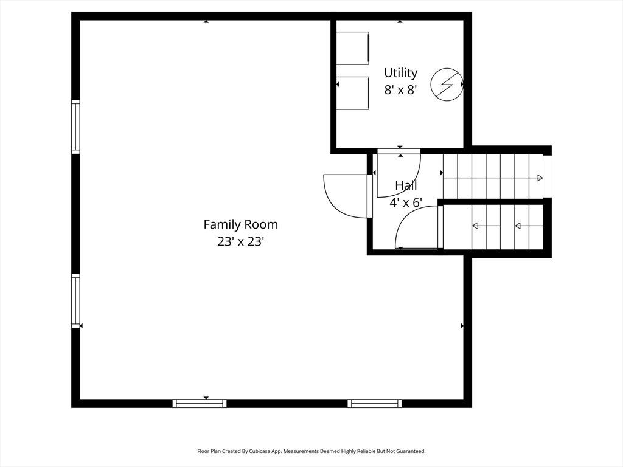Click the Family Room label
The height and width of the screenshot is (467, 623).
coord(240,224)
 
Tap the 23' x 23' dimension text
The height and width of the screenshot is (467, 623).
coord(240,241)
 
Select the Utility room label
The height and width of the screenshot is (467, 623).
coord(400,73)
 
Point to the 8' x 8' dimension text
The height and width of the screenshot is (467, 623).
coord(400,90)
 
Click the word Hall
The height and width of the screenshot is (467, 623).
coord(406,185)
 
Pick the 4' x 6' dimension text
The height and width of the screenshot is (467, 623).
coord(406,202)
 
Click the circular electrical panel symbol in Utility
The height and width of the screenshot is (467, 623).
coord(447,84)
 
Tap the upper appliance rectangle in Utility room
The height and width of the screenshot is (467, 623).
coord(353,48)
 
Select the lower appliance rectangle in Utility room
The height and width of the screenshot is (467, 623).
coord(353,93)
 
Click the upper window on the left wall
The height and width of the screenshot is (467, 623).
coord(75,126)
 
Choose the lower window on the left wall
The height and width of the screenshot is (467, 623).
coord(75,301)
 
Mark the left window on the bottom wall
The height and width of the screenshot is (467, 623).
coord(200,404)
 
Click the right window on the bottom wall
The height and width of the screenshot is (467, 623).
coord(375,404)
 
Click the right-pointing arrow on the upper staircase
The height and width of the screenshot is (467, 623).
coord(493,178)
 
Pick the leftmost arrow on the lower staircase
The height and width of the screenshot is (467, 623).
coord(486,226)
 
